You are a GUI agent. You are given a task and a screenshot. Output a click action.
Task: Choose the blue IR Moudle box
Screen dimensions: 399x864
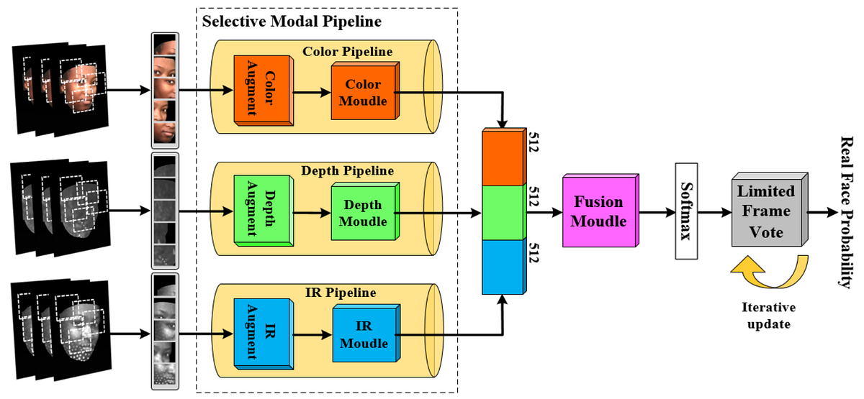pos(364,335)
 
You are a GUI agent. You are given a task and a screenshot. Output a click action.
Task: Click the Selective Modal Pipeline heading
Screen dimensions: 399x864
pos(291,21)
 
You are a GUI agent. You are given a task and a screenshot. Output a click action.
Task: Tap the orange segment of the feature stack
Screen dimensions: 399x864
pos(503,157)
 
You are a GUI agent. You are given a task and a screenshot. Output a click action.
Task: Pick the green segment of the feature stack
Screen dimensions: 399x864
pos(503,213)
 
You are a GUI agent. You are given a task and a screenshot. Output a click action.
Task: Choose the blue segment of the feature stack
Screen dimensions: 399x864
pos(503,266)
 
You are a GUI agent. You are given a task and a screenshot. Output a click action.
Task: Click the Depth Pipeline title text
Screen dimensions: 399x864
pos(348,171)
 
